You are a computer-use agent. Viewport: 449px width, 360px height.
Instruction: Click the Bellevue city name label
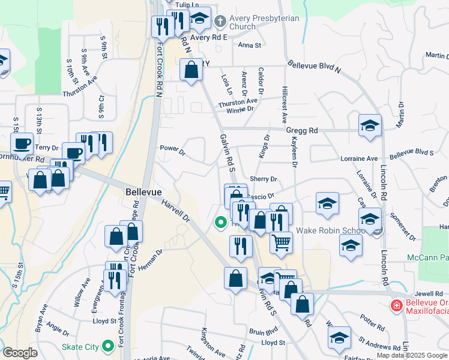click(x=144, y=191)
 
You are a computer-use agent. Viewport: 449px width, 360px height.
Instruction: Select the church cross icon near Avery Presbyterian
click(x=220, y=22)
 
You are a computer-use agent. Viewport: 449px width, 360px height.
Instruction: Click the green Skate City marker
click(x=108, y=346)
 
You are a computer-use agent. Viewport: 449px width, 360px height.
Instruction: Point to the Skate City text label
click(x=80, y=347)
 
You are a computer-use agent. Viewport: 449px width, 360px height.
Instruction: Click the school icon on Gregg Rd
click(x=370, y=125)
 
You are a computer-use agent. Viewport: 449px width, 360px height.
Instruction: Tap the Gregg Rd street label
click(x=302, y=130)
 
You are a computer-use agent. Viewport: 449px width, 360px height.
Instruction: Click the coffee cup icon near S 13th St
click(x=22, y=144)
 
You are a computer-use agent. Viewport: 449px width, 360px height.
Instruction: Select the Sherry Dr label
click(x=264, y=179)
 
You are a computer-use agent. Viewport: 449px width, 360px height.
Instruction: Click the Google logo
click(x=20, y=353)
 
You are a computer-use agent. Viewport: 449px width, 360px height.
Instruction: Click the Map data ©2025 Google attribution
click(x=412, y=356)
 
